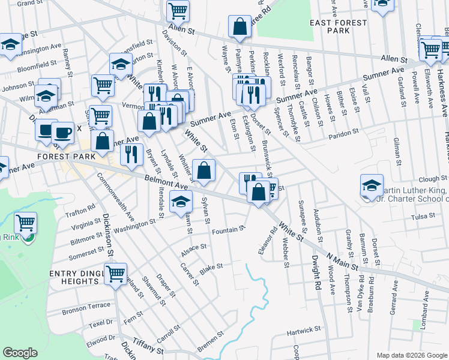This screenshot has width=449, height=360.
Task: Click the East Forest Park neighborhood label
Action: coord(330,26)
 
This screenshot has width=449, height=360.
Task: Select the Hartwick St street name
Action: coord(304,331)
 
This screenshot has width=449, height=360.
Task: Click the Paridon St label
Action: coord(343,131)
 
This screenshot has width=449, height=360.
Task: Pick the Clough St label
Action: coord(429,179)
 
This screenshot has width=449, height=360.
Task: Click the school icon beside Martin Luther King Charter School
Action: coord(372,185)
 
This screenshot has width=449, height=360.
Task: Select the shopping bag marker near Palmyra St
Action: coord(240,26)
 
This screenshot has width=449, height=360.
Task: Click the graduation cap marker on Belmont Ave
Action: coord(179,202)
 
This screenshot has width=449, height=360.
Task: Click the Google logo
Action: coord(20,353)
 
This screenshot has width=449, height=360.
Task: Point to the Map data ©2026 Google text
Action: coord(411,355)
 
